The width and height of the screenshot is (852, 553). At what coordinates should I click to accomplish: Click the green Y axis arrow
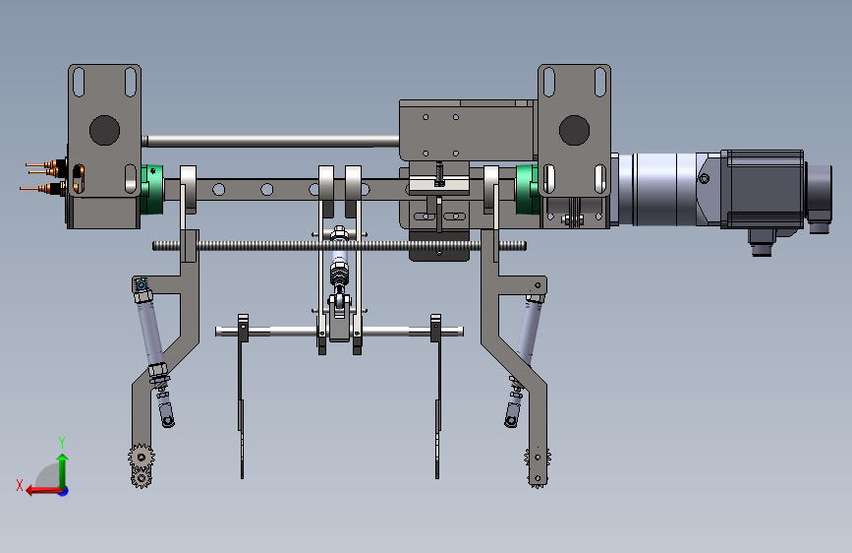(x=63, y=470)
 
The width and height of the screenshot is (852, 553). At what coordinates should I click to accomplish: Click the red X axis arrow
(x=43, y=491)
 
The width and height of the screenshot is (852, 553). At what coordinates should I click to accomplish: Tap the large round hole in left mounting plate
(x=104, y=130)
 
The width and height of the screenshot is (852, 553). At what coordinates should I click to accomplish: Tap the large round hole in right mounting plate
(x=574, y=130)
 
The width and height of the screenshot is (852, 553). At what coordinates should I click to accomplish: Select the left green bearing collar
(x=152, y=189)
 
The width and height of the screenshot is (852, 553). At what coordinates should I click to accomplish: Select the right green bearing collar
(x=527, y=189)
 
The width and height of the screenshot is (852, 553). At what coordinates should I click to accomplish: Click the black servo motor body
(x=764, y=188)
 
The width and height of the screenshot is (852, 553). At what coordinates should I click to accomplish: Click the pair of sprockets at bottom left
(x=142, y=465)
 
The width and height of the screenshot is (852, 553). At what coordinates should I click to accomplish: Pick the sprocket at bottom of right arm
(x=538, y=467)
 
